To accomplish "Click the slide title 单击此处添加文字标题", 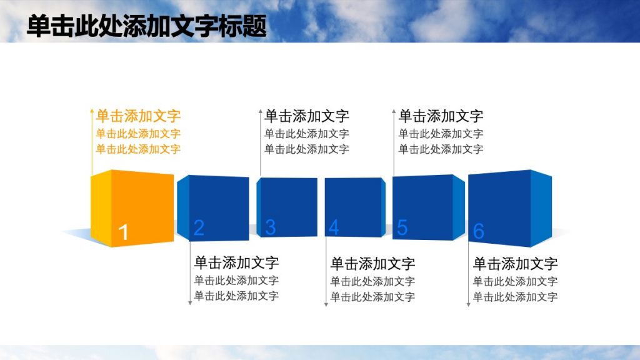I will (x=147, y=27).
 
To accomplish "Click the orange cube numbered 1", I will (x=132, y=206).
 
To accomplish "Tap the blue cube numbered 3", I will (x=287, y=207).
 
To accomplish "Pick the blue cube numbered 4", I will (x=354, y=207).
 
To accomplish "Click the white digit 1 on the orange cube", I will (x=124, y=232).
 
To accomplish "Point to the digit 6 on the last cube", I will (x=478, y=231).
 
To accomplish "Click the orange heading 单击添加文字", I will (x=138, y=116).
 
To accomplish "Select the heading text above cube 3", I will (x=306, y=116).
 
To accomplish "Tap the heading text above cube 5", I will (x=441, y=116).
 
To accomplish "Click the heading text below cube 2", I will (x=236, y=262).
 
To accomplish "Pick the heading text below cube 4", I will (x=372, y=263).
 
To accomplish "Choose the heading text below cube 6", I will (x=515, y=263).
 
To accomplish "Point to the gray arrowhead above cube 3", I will (x=261, y=112).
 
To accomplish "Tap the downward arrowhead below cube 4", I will (x=326, y=304).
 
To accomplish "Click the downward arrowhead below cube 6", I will (x=468, y=304).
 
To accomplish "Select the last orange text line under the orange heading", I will (x=138, y=149).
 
